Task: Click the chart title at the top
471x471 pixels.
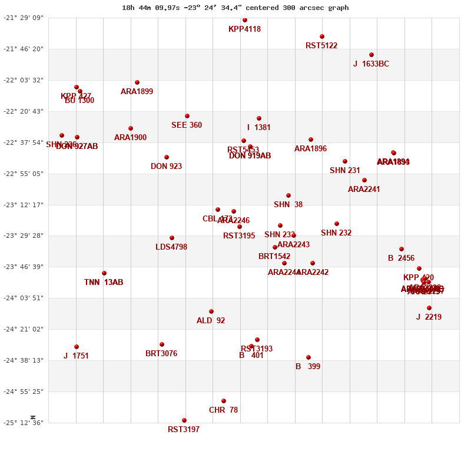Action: pos(235,8)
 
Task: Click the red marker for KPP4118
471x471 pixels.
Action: pos(245,20)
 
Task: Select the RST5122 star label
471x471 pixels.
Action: pos(321,45)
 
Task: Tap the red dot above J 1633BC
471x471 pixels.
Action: pos(372,55)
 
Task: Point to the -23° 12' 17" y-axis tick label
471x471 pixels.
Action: pos(24,205)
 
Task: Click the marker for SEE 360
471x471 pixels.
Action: pos(187,116)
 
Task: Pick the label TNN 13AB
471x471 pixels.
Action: pos(104,282)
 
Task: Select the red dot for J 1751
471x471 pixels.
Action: pos(77,347)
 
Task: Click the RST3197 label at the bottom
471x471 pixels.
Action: pos(184,429)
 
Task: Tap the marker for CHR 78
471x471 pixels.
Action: pos(224,401)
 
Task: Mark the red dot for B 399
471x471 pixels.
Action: pos(309,357)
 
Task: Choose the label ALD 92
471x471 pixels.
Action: pos(211,320)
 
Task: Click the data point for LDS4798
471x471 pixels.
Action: pos(172,238)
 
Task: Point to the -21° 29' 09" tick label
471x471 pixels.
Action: pos(24,18)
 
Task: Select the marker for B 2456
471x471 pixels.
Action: pos(402,249)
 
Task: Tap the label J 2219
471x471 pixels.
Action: pos(429,317)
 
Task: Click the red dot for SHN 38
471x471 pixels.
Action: pos(288,195)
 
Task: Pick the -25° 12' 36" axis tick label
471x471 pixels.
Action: pos(24,423)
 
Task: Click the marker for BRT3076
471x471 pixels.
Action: pos(162,344)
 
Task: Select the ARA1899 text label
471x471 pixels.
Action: pos(137,91)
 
